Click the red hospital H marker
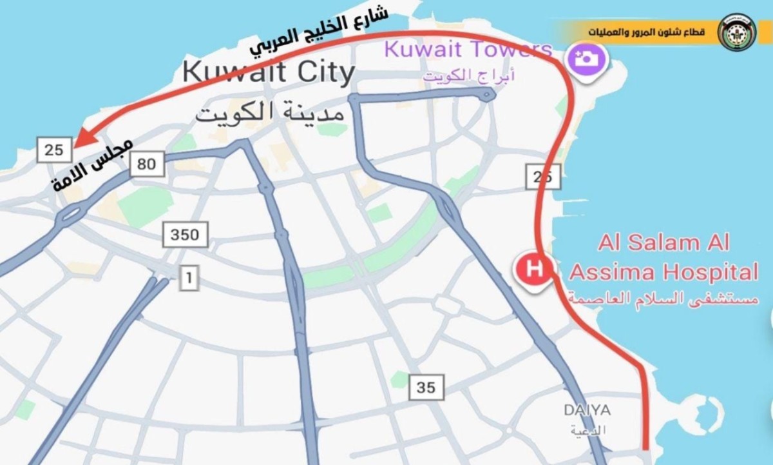(x=533, y=268)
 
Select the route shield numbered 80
(x=147, y=164)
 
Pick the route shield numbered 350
(x=185, y=234)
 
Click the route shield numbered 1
(x=189, y=279)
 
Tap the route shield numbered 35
(x=426, y=388)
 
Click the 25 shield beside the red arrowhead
(x=54, y=150)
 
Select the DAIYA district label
(x=587, y=410)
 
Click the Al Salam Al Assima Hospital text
(x=663, y=258)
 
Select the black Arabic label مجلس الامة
(x=92, y=165)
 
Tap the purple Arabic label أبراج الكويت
(x=469, y=76)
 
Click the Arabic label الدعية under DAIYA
(x=587, y=430)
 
